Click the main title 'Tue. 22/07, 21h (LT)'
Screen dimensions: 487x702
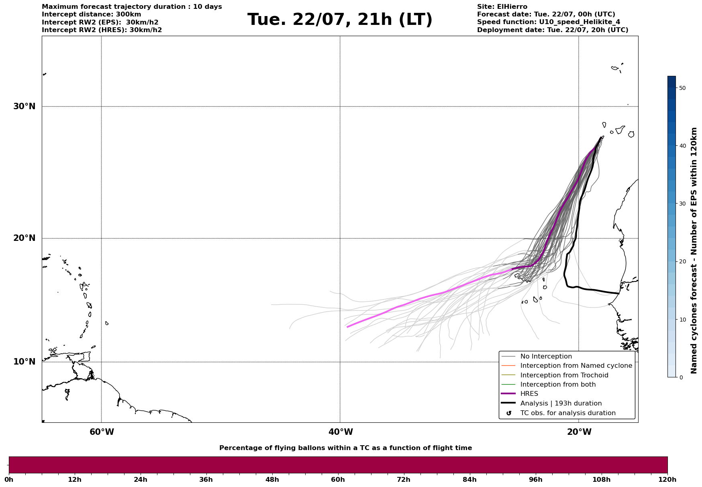coord(340,20)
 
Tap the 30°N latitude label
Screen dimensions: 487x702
coord(24,106)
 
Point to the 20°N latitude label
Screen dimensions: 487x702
coord(24,238)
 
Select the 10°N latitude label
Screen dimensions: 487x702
coord(24,362)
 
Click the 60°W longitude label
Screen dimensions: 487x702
coord(102,432)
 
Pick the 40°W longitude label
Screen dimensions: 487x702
coord(341,432)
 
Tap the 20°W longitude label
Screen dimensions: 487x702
coord(579,432)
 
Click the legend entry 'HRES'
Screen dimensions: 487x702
coord(529,394)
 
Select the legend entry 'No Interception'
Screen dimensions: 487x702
coord(546,357)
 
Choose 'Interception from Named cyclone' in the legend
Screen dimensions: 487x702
coord(576,366)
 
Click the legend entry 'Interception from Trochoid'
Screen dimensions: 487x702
coord(564,375)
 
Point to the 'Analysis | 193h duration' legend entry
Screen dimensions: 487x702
coord(561,403)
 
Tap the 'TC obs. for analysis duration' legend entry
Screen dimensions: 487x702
coord(567,413)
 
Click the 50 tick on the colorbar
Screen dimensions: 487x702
coord(682,88)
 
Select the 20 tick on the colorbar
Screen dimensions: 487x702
coord(682,262)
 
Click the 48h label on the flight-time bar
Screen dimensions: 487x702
coord(272,480)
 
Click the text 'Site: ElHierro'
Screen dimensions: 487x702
coord(502,7)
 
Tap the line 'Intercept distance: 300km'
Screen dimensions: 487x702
coord(91,14)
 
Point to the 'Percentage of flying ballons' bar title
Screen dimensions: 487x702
coord(345,448)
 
